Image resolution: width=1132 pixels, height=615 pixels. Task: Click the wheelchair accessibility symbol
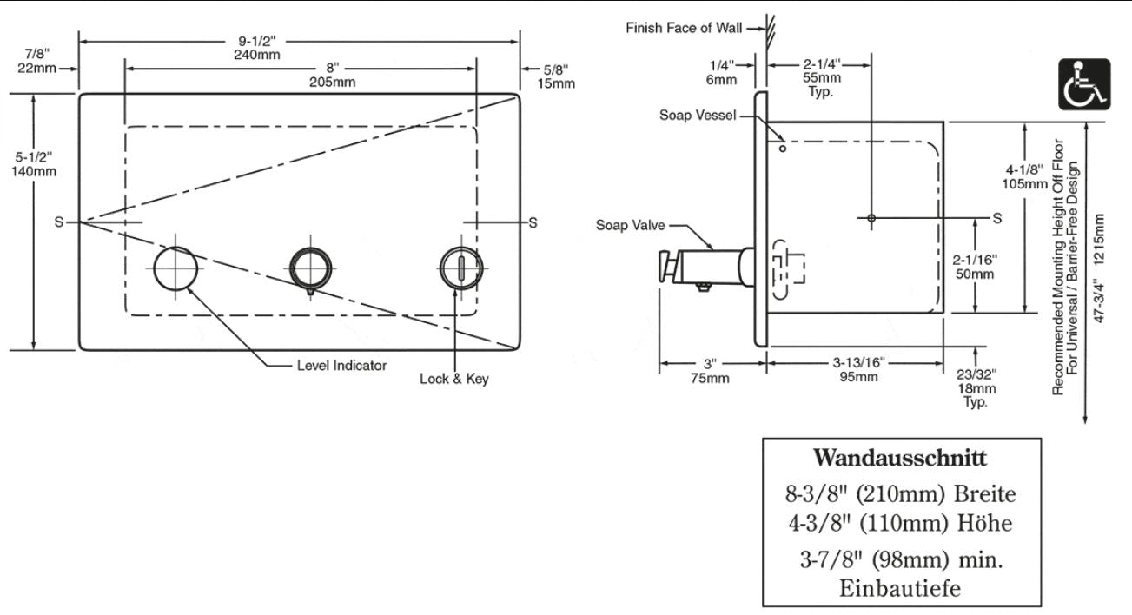(1084, 83)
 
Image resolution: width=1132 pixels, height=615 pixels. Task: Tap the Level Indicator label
(341, 366)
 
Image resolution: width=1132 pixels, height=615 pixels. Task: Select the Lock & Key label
(454, 379)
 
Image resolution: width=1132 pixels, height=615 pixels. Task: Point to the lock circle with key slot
(460, 267)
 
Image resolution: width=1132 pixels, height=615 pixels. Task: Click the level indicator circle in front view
(175, 267)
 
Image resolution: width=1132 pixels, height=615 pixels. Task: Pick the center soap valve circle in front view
(310, 267)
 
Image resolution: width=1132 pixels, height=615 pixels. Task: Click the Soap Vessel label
(698, 115)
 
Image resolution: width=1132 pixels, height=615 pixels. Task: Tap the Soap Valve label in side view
(630, 226)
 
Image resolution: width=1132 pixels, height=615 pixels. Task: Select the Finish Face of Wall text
(684, 28)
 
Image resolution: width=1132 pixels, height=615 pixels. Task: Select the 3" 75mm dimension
(710, 370)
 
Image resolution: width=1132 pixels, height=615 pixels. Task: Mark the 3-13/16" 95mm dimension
(858, 370)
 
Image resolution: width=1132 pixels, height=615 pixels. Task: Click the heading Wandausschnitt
(899, 457)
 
